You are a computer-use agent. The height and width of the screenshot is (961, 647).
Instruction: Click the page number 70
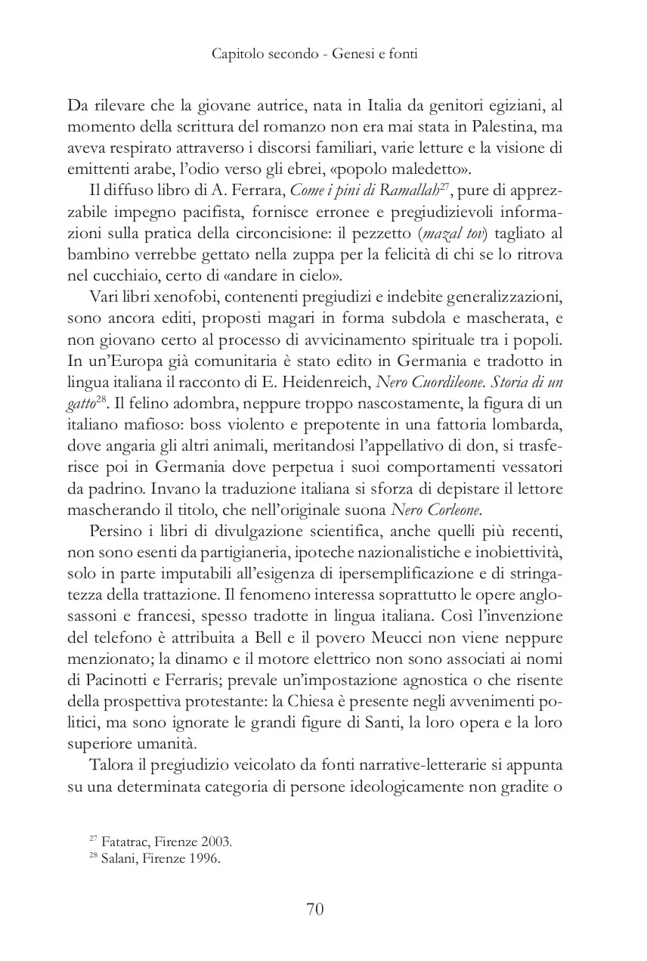coord(315,909)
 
